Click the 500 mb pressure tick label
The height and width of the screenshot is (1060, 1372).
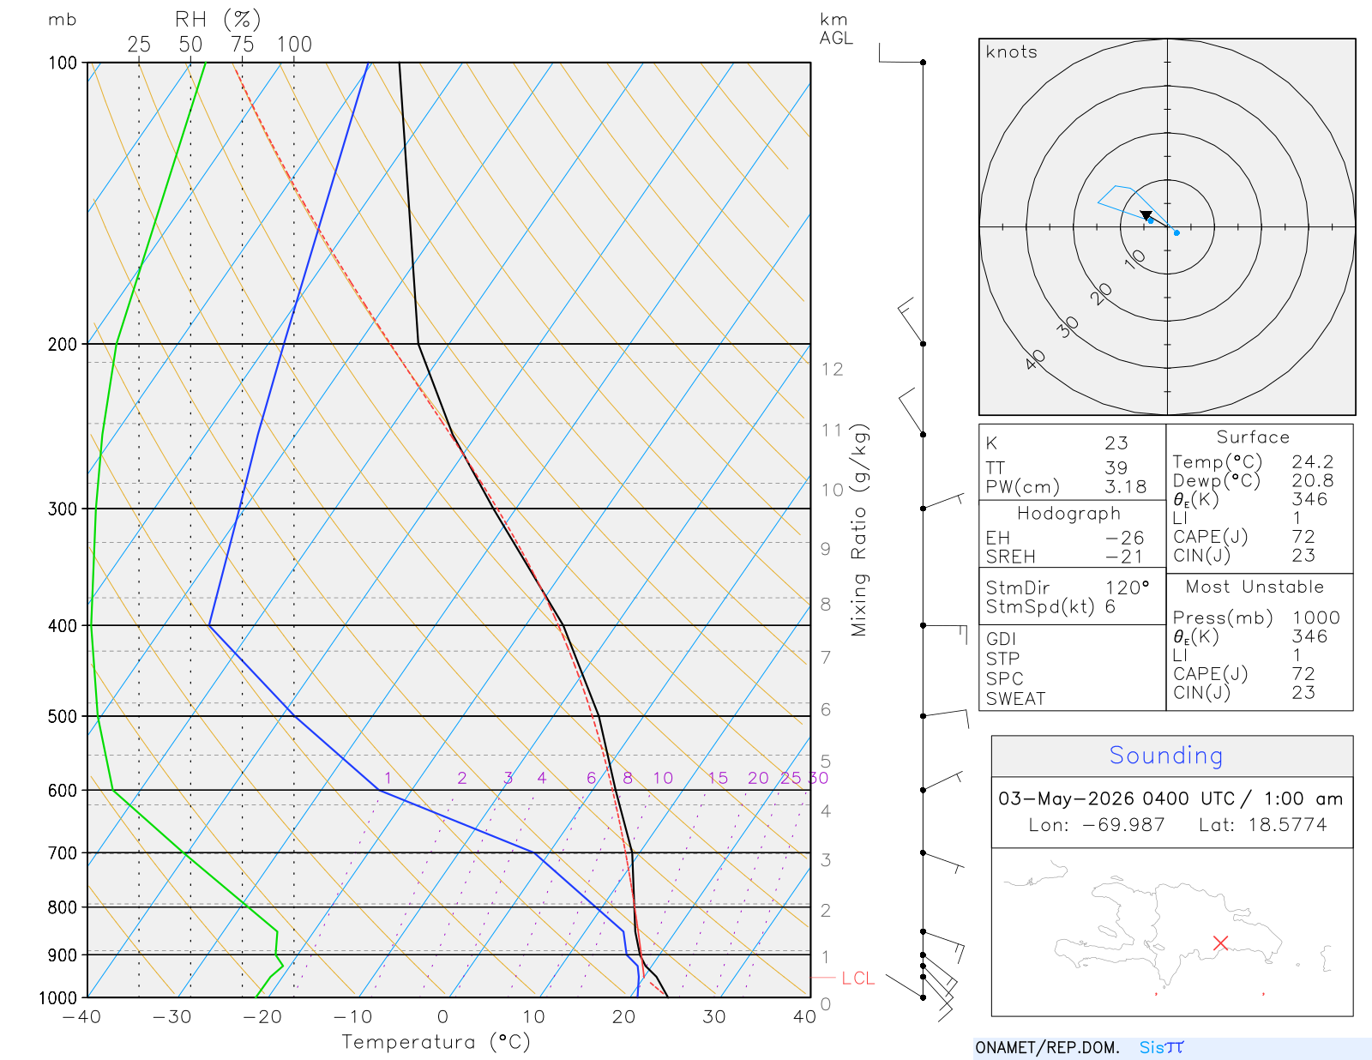[x=62, y=717]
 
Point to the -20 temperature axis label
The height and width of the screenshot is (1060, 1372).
[x=262, y=1016]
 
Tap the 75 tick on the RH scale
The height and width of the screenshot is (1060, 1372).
[x=242, y=45]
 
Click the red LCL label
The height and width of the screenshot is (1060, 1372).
[x=858, y=978]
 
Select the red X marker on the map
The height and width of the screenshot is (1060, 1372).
[x=1220, y=943]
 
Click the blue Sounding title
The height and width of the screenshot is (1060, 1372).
[x=1165, y=756]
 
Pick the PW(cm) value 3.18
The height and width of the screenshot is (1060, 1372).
[x=1126, y=487]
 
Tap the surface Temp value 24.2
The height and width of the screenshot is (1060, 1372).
[x=1312, y=461]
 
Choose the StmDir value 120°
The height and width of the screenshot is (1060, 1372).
[x=1127, y=587]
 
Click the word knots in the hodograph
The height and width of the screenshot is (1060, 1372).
[x=1012, y=51]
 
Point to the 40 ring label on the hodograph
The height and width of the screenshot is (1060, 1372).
[x=1035, y=360]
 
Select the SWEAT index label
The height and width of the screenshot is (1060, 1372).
[x=1016, y=699]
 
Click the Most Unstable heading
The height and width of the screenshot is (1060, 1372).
[x=1255, y=587]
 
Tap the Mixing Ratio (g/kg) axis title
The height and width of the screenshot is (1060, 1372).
[x=860, y=530]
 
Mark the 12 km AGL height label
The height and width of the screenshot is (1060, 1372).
[x=832, y=369]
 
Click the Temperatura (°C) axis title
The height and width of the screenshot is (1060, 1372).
[x=436, y=1042]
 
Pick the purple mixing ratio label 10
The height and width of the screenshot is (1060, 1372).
[x=663, y=778]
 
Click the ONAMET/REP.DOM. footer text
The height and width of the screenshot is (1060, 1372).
[x=1048, y=1048]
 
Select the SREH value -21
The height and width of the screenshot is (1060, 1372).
[x=1124, y=557]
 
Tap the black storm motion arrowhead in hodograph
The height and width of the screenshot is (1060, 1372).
[x=1146, y=215]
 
